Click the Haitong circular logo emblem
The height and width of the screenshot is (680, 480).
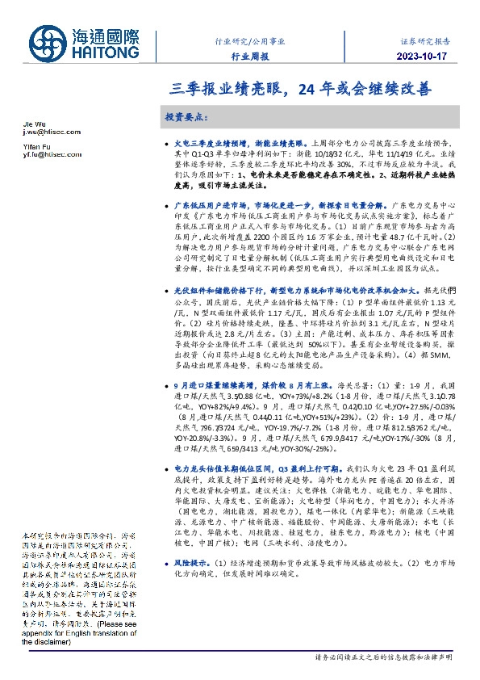49,46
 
